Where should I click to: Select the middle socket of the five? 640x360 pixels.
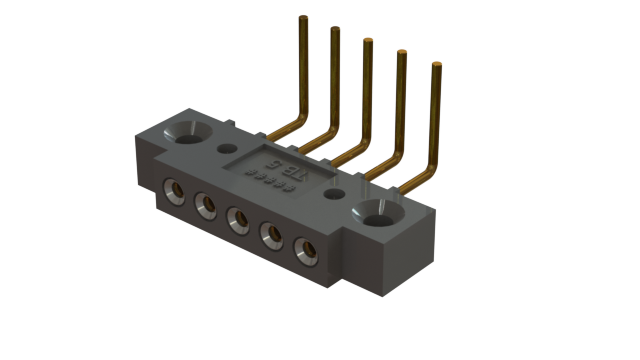click(239, 217)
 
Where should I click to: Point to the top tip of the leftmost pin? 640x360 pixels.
click(300, 18)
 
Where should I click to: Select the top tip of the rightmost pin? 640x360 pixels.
click(437, 65)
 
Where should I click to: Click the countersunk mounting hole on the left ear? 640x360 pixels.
click(188, 132)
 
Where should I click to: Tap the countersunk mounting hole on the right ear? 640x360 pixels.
click(381, 213)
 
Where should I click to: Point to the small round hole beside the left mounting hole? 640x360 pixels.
click(222, 151)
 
